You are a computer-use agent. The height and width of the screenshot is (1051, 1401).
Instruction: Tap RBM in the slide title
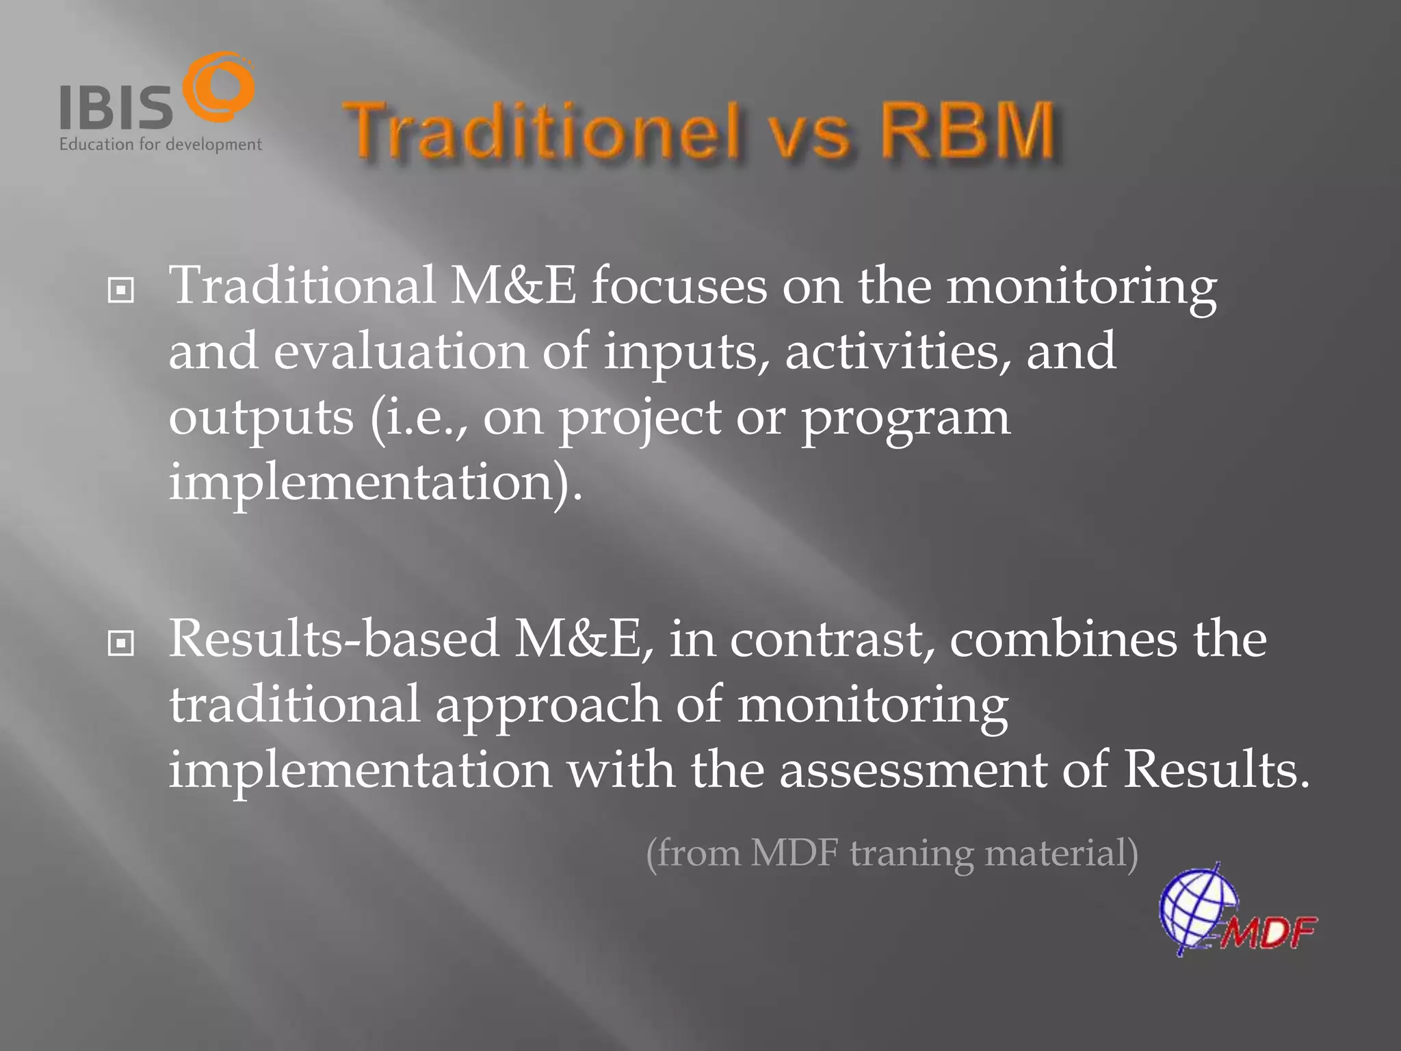click(x=967, y=130)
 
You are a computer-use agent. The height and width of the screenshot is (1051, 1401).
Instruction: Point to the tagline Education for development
click(x=160, y=144)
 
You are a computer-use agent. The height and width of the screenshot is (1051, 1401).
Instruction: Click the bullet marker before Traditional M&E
click(x=120, y=291)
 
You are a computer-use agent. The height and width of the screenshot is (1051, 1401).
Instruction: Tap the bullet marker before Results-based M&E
click(x=120, y=643)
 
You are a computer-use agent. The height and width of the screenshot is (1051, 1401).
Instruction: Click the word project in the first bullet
click(x=640, y=419)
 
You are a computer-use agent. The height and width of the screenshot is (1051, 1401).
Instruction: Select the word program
click(x=904, y=419)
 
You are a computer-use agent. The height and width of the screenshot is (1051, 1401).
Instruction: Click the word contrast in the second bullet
click(x=831, y=639)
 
